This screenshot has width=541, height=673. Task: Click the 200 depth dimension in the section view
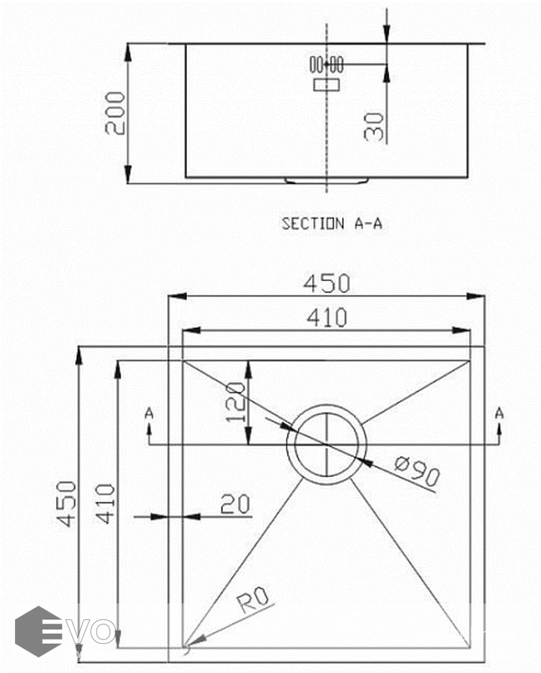click(x=115, y=113)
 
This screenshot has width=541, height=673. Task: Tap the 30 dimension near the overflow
click(x=373, y=126)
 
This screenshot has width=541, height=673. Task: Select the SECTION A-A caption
click(x=332, y=223)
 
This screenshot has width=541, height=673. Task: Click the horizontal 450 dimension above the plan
click(x=327, y=283)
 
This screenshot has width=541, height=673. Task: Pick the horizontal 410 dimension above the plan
click(x=327, y=318)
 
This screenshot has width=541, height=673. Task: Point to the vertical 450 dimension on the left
click(x=67, y=503)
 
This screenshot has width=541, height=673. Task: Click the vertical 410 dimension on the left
click(x=106, y=503)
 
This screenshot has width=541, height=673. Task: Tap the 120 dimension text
click(x=235, y=402)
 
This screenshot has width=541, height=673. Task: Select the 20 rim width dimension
click(x=235, y=504)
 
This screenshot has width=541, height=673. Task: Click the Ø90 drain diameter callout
click(x=417, y=471)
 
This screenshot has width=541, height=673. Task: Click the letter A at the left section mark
click(x=149, y=413)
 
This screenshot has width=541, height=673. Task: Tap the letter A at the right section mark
click(x=499, y=413)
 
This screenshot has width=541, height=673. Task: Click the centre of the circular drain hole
click(x=327, y=445)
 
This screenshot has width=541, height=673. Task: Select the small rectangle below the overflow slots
click(x=327, y=84)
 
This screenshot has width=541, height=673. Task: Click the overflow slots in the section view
click(x=327, y=64)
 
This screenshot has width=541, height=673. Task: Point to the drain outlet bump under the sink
click(x=327, y=181)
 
